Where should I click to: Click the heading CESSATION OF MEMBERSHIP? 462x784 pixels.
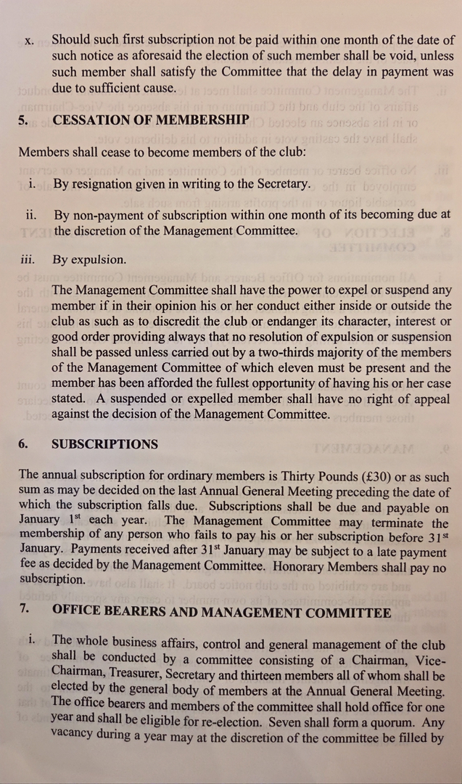(x=151, y=120)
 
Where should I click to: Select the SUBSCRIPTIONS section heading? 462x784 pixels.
(x=104, y=444)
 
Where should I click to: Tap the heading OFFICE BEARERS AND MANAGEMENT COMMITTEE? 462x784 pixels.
(x=221, y=612)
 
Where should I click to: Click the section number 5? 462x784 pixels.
(x=24, y=121)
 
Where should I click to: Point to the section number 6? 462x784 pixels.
(x=23, y=444)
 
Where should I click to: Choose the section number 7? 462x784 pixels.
(x=25, y=611)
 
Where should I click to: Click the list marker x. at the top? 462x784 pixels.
(x=29, y=41)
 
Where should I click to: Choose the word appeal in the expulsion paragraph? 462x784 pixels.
(x=432, y=399)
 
